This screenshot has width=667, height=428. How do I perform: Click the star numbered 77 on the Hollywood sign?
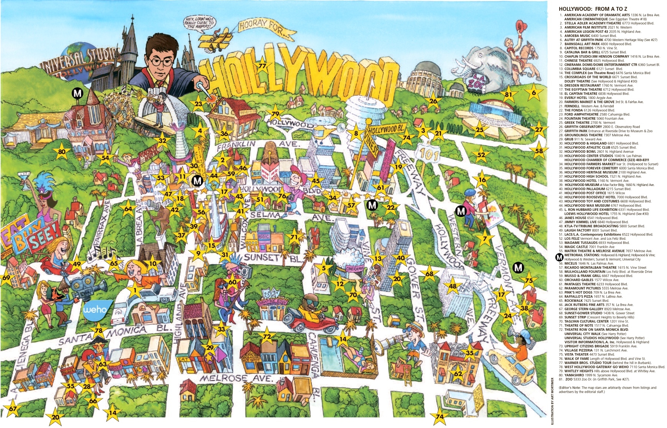click(x=262, y=66)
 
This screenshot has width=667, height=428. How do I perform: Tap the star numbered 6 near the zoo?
click(x=534, y=92)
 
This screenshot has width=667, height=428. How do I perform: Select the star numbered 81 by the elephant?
click(x=509, y=95)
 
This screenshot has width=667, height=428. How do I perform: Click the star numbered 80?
click(x=62, y=152)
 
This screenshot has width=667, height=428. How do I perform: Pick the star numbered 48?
click(x=453, y=286)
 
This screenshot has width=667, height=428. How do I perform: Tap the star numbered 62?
click(x=458, y=373)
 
